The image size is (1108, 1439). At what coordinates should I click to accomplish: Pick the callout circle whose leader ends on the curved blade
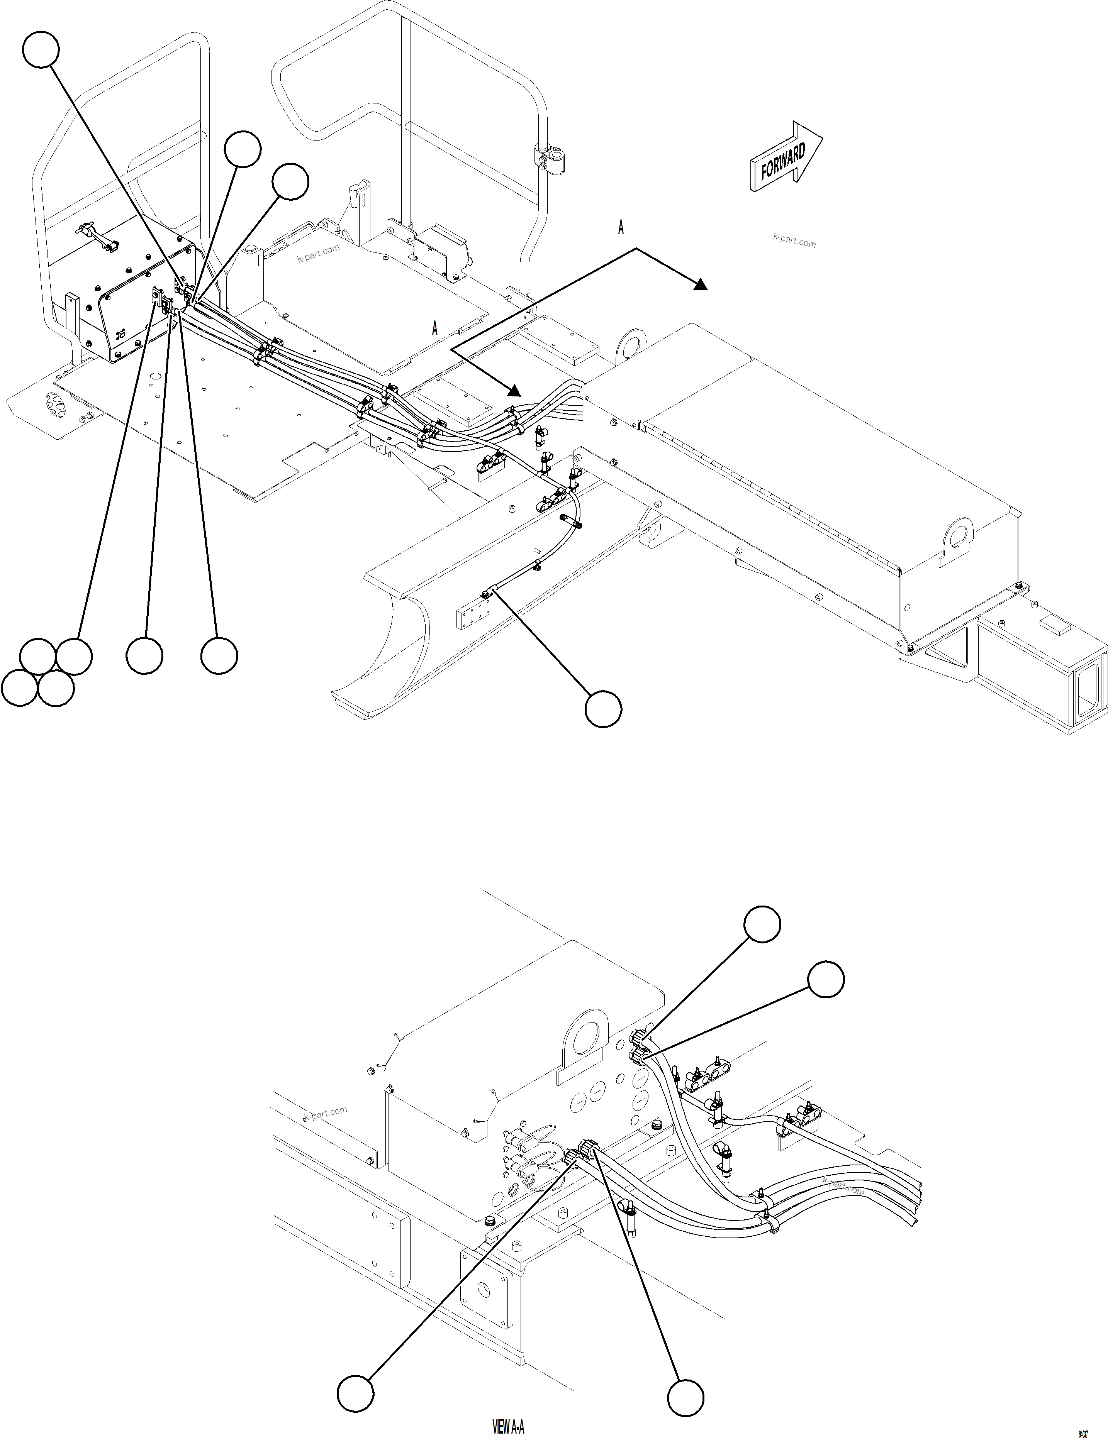coord(603,709)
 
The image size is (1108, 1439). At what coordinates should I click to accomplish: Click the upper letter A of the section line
coord(620,228)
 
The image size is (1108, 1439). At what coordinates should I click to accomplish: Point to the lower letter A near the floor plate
coord(434,328)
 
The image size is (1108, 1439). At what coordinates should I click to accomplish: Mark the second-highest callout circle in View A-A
coord(826,979)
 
